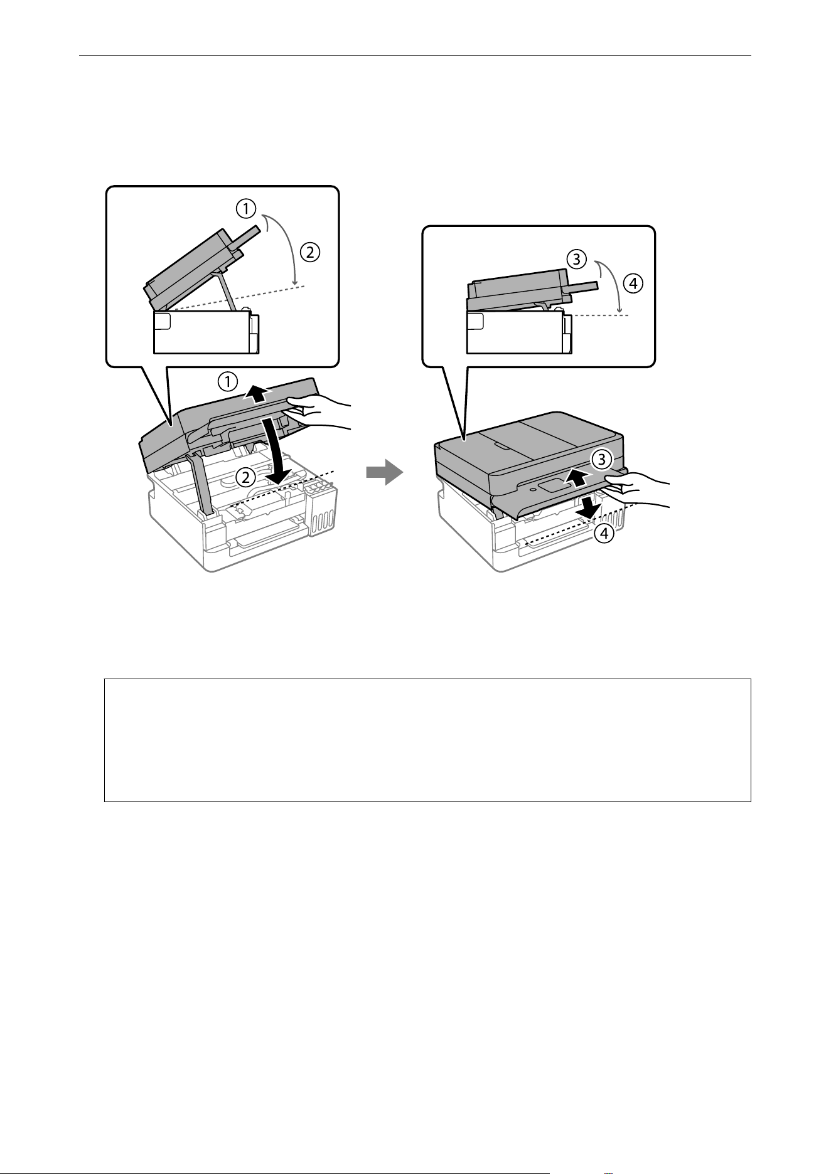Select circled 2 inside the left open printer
(246, 477)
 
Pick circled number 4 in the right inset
(633, 283)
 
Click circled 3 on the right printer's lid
(601, 459)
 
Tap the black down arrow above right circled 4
(587, 507)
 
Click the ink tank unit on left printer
(322, 509)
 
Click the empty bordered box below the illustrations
(427, 740)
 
